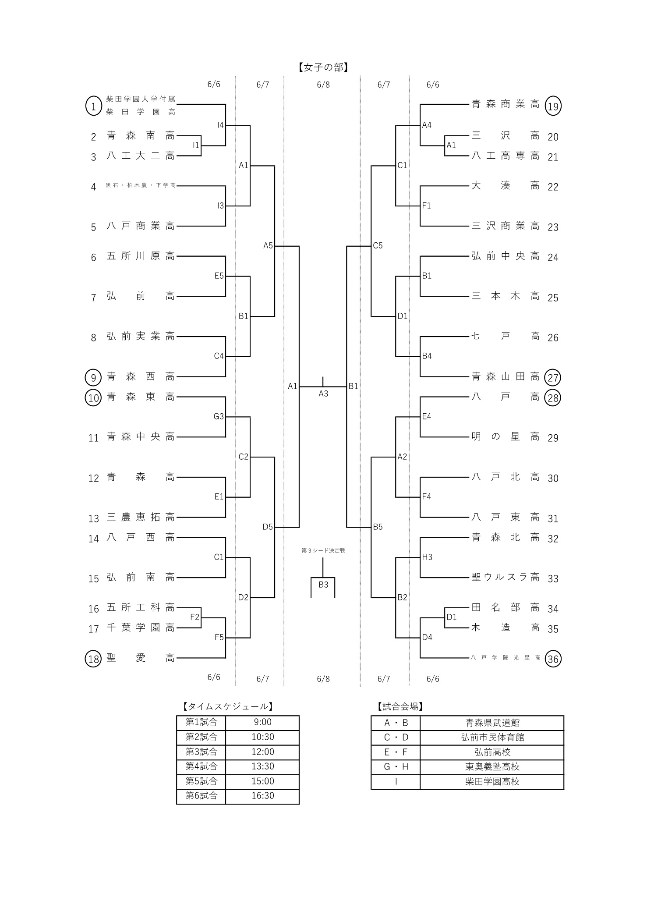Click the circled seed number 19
point(553,106)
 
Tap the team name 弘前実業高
point(141,336)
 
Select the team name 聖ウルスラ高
point(506,577)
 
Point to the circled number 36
point(553,659)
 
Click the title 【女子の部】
point(323,67)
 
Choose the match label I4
point(220,125)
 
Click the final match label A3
point(323,394)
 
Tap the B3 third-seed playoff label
point(323,585)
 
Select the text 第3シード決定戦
point(323,550)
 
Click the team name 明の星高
point(506,436)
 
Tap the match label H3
point(427,557)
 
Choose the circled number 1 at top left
point(93,106)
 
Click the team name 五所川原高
point(141,256)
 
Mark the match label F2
point(194,617)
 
